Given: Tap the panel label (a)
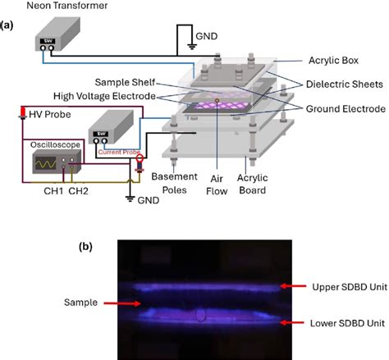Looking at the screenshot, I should point(9,25).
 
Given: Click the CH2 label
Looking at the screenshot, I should point(78,190).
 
